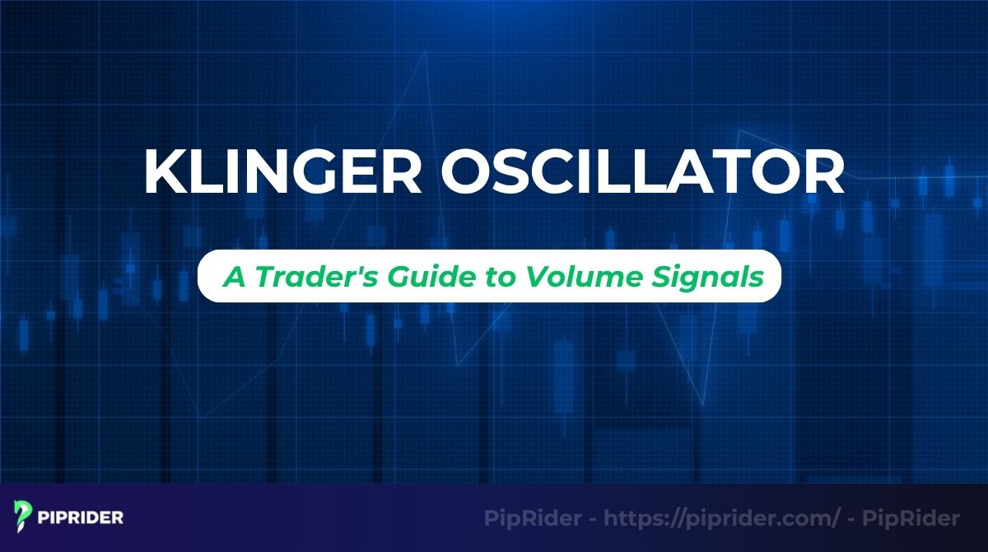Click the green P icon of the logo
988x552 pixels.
pyautogui.click(x=21, y=518)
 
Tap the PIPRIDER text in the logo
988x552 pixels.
pyautogui.click(x=81, y=518)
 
